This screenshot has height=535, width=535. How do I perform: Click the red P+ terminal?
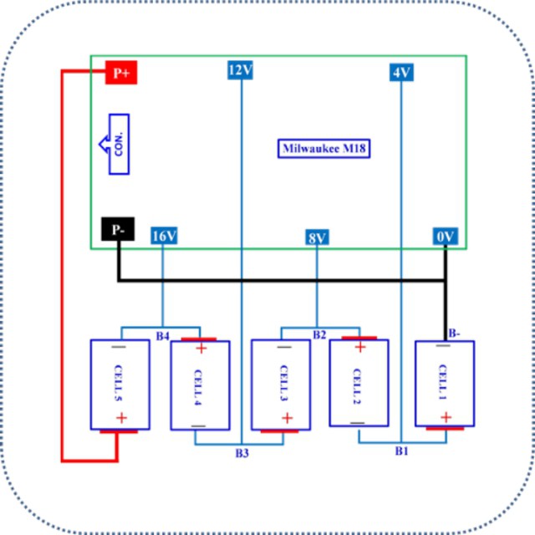(x=120, y=74)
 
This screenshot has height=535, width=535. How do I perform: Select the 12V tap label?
(x=240, y=70)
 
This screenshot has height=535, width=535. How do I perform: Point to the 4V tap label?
(x=400, y=73)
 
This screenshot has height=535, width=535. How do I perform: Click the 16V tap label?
(x=164, y=237)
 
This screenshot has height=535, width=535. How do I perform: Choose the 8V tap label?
(x=317, y=238)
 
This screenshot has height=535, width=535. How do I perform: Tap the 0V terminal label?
(x=446, y=237)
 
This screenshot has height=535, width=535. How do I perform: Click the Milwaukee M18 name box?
(x=324, y=148)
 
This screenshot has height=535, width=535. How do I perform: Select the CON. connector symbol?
(x=115, y=144)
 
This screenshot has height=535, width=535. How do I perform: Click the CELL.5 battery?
(x=120, y=385)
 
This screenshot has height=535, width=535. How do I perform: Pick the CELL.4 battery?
(x=200, y=385)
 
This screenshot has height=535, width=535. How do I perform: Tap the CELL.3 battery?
(x=281, y=385)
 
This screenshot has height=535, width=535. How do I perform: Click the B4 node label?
(x=163, y=335)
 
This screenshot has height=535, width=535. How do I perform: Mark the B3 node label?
(x=242, y=453)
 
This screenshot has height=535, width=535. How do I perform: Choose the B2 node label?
(x=319, y=335)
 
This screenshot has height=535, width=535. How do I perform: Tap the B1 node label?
(x=401, y=451)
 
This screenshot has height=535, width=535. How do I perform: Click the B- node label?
(x=454, y=333)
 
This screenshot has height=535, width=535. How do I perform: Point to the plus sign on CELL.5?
(x=120, y=418)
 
